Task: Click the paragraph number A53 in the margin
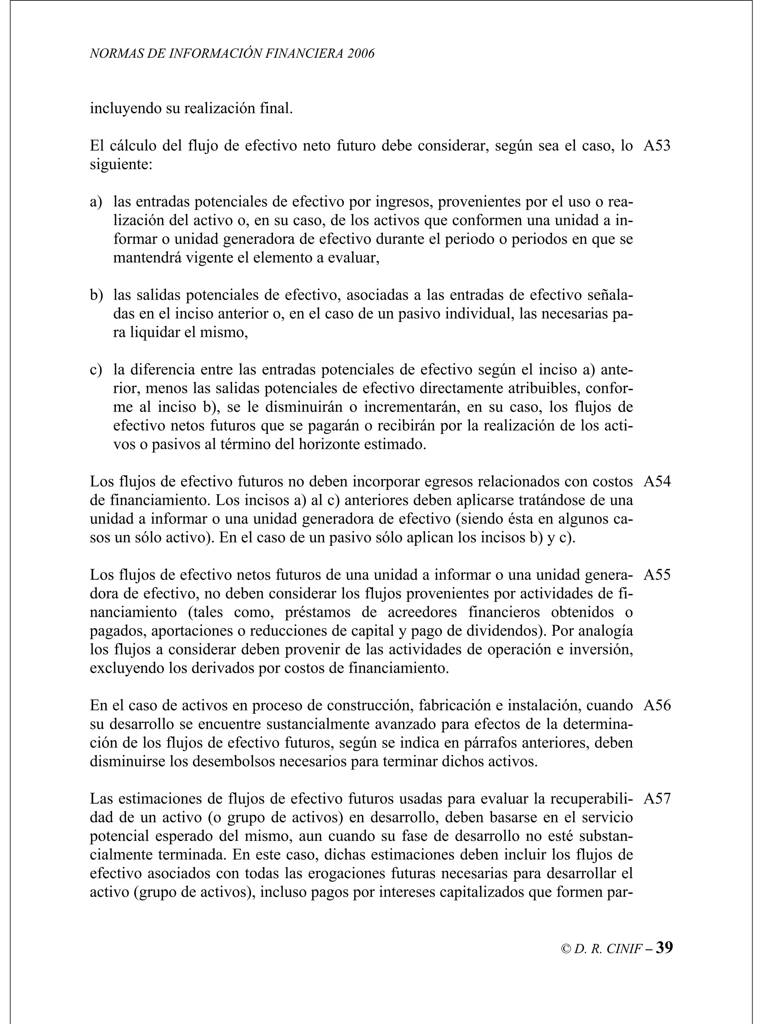656,146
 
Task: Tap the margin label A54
656,482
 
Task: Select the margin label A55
656,575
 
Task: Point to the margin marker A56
656,705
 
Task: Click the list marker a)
96,202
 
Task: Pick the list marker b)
96,295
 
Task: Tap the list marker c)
96,370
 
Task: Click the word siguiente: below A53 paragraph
121,165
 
